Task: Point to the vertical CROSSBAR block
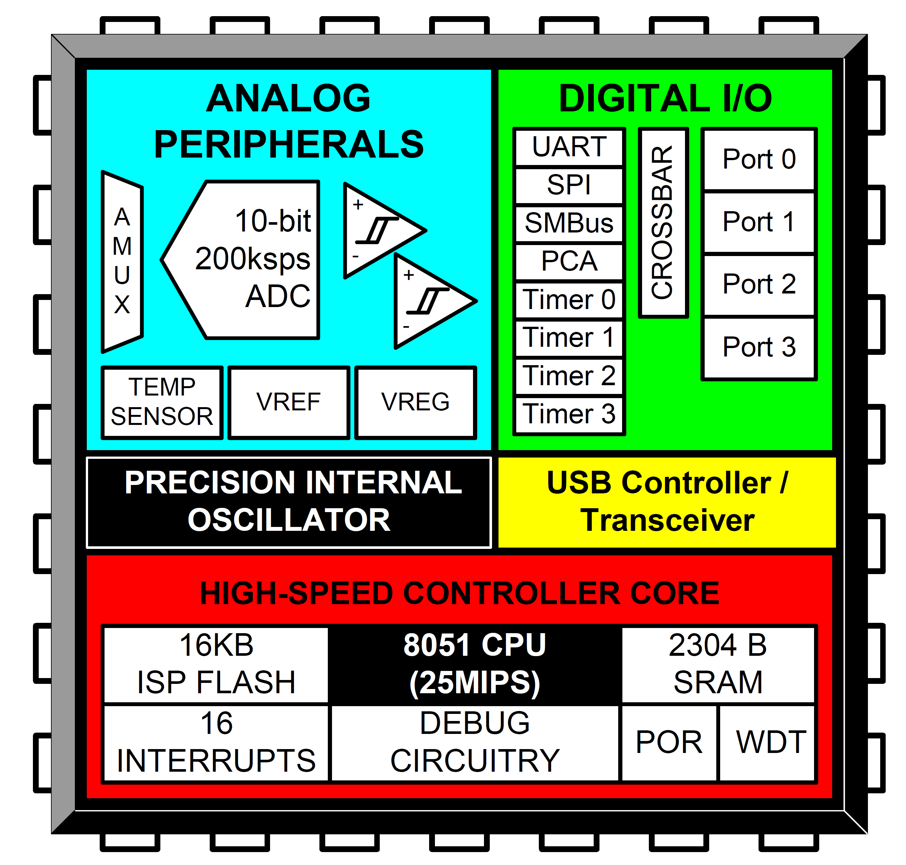[x=663, y=223]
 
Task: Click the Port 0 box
[x=759, y=160]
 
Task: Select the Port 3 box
[x=759, y=348]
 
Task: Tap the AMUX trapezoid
[x=122, y=262]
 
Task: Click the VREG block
[x=416, y=402]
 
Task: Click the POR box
[x=669, y=743]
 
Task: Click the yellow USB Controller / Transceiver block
[x=667, y=502]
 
